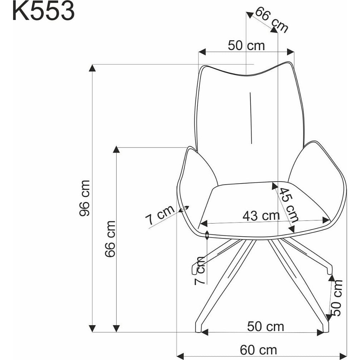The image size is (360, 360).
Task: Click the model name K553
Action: [44, 11]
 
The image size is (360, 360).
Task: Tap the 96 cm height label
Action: [84, 198]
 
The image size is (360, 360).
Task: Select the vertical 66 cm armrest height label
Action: [110, 239]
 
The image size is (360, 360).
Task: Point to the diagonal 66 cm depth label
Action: [271, 20]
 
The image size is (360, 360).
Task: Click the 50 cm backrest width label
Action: [246, 45]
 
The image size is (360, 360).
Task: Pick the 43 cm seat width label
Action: [261, 216]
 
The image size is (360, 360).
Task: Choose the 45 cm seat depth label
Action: [289, 205]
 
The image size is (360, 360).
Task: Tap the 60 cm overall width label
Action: [258, 350]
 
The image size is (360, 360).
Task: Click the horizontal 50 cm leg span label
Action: [265, 327]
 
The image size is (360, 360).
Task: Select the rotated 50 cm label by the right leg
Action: [337, 298]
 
